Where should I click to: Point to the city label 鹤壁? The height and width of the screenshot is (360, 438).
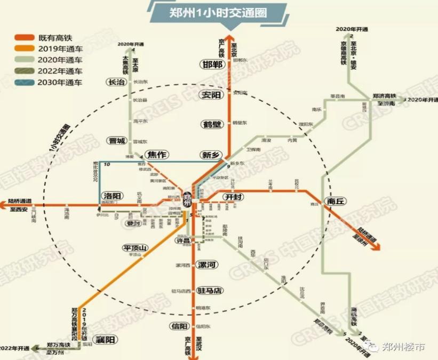pos(211,125)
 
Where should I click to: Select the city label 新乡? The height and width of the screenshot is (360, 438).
pos(210,155)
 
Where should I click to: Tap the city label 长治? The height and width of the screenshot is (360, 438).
pos(116,82)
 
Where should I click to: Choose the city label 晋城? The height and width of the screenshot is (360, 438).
pos(116,141)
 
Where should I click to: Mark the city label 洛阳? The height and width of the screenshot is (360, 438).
pos(113,196)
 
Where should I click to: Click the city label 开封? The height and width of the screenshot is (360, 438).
pos(233,197)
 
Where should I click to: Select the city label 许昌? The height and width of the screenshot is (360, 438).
pos(183,241)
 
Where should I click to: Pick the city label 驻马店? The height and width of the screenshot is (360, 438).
pos(209,291)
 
